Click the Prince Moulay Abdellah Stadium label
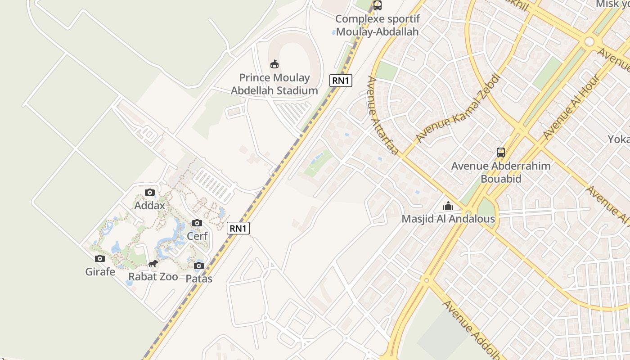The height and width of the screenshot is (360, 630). (274, 84)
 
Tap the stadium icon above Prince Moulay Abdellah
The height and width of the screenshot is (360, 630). (274, 64)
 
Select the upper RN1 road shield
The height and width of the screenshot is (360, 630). (341, 81)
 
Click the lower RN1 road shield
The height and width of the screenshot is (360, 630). (238, 228)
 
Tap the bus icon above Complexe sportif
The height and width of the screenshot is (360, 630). (377, 5)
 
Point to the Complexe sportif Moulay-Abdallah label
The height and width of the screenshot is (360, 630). (377, 25)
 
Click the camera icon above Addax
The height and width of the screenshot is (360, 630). (150, 193)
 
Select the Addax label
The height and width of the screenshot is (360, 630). (150, 205)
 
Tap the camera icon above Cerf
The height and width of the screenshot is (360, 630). (197, 223)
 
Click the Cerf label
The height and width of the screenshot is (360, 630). (197, 236)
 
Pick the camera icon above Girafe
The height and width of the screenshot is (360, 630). (100, 259)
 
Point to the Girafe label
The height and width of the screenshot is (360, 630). (100, 272)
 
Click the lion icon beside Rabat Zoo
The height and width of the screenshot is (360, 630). (153, 264)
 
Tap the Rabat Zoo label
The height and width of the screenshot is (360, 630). (153, 277)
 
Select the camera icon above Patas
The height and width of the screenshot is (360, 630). (199, 266)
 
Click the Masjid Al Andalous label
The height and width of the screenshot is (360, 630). (448, 219)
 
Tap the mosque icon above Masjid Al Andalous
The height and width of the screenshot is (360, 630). (448, 206)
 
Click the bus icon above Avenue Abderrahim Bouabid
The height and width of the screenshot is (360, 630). (501, 153)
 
